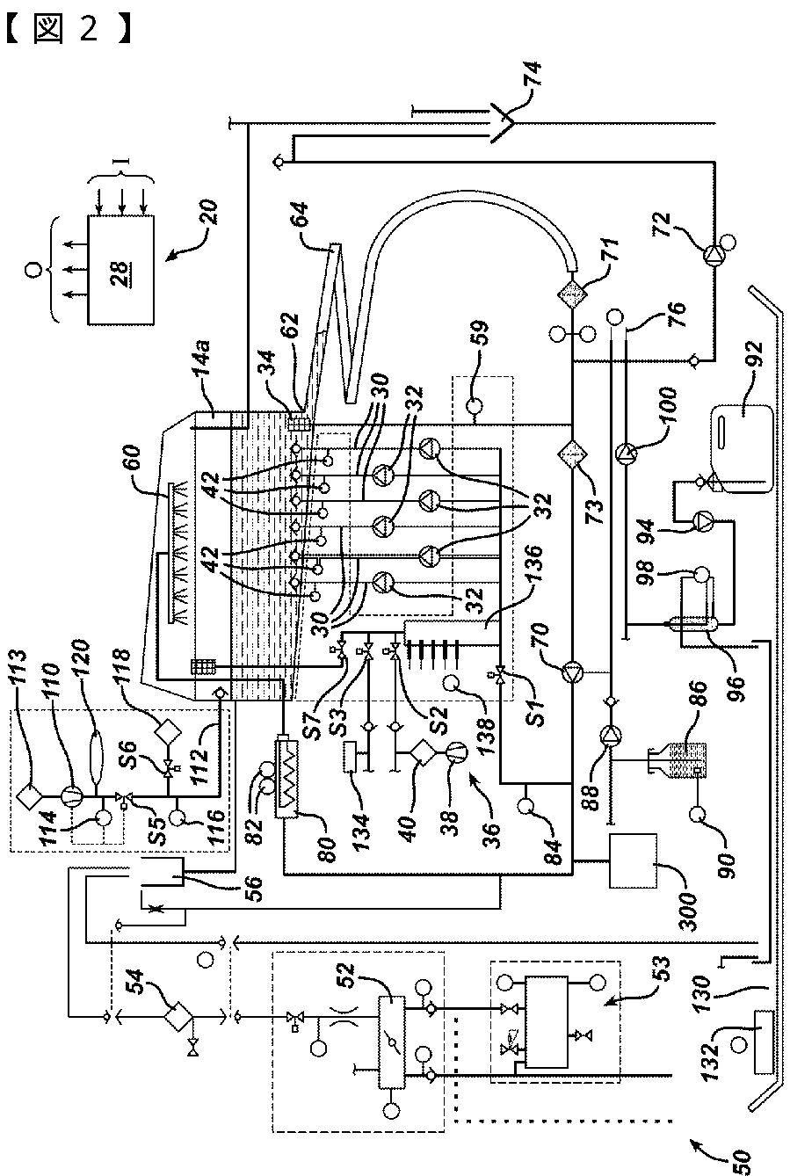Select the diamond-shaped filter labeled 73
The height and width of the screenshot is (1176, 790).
(572, 452)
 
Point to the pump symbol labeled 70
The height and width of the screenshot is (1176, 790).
(572, 672)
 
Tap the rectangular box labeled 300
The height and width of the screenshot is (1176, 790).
(633, 860)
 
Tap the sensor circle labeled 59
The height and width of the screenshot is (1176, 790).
(475, 406)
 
